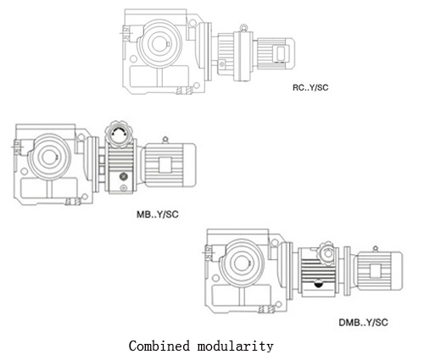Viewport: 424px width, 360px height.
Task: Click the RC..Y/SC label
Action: pos(310,87)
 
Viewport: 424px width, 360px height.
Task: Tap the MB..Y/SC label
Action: pos(158,214)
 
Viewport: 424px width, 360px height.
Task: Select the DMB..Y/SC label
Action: pos(363,323)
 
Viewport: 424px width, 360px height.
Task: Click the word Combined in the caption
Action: pos(159,346)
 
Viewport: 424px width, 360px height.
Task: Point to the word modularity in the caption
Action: pos(236,346)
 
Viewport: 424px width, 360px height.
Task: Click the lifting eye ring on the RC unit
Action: pos(243,28)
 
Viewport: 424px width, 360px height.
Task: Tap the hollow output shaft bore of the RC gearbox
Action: pos(159,43)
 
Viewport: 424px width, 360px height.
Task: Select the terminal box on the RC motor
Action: pos(281,53)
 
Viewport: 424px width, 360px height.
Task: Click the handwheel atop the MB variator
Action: pos(119,134)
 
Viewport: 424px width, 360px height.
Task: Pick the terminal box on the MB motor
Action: pos(165,164)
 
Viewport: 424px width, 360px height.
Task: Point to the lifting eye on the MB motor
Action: pos(165,140)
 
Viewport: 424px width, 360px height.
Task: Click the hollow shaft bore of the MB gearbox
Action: pos(50,158)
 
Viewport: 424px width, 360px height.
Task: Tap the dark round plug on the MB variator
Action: pos(124,177)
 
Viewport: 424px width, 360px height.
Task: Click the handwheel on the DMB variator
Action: pos(327,253)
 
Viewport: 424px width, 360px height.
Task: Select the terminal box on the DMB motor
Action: pos(375,270)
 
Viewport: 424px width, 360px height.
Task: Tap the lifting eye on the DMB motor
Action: pos(375,249)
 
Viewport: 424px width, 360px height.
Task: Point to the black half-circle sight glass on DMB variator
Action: pos(319,284)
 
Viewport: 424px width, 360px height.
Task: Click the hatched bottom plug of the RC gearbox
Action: pos(184,91)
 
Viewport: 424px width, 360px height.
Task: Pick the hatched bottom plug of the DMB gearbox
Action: pos(266,310)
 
